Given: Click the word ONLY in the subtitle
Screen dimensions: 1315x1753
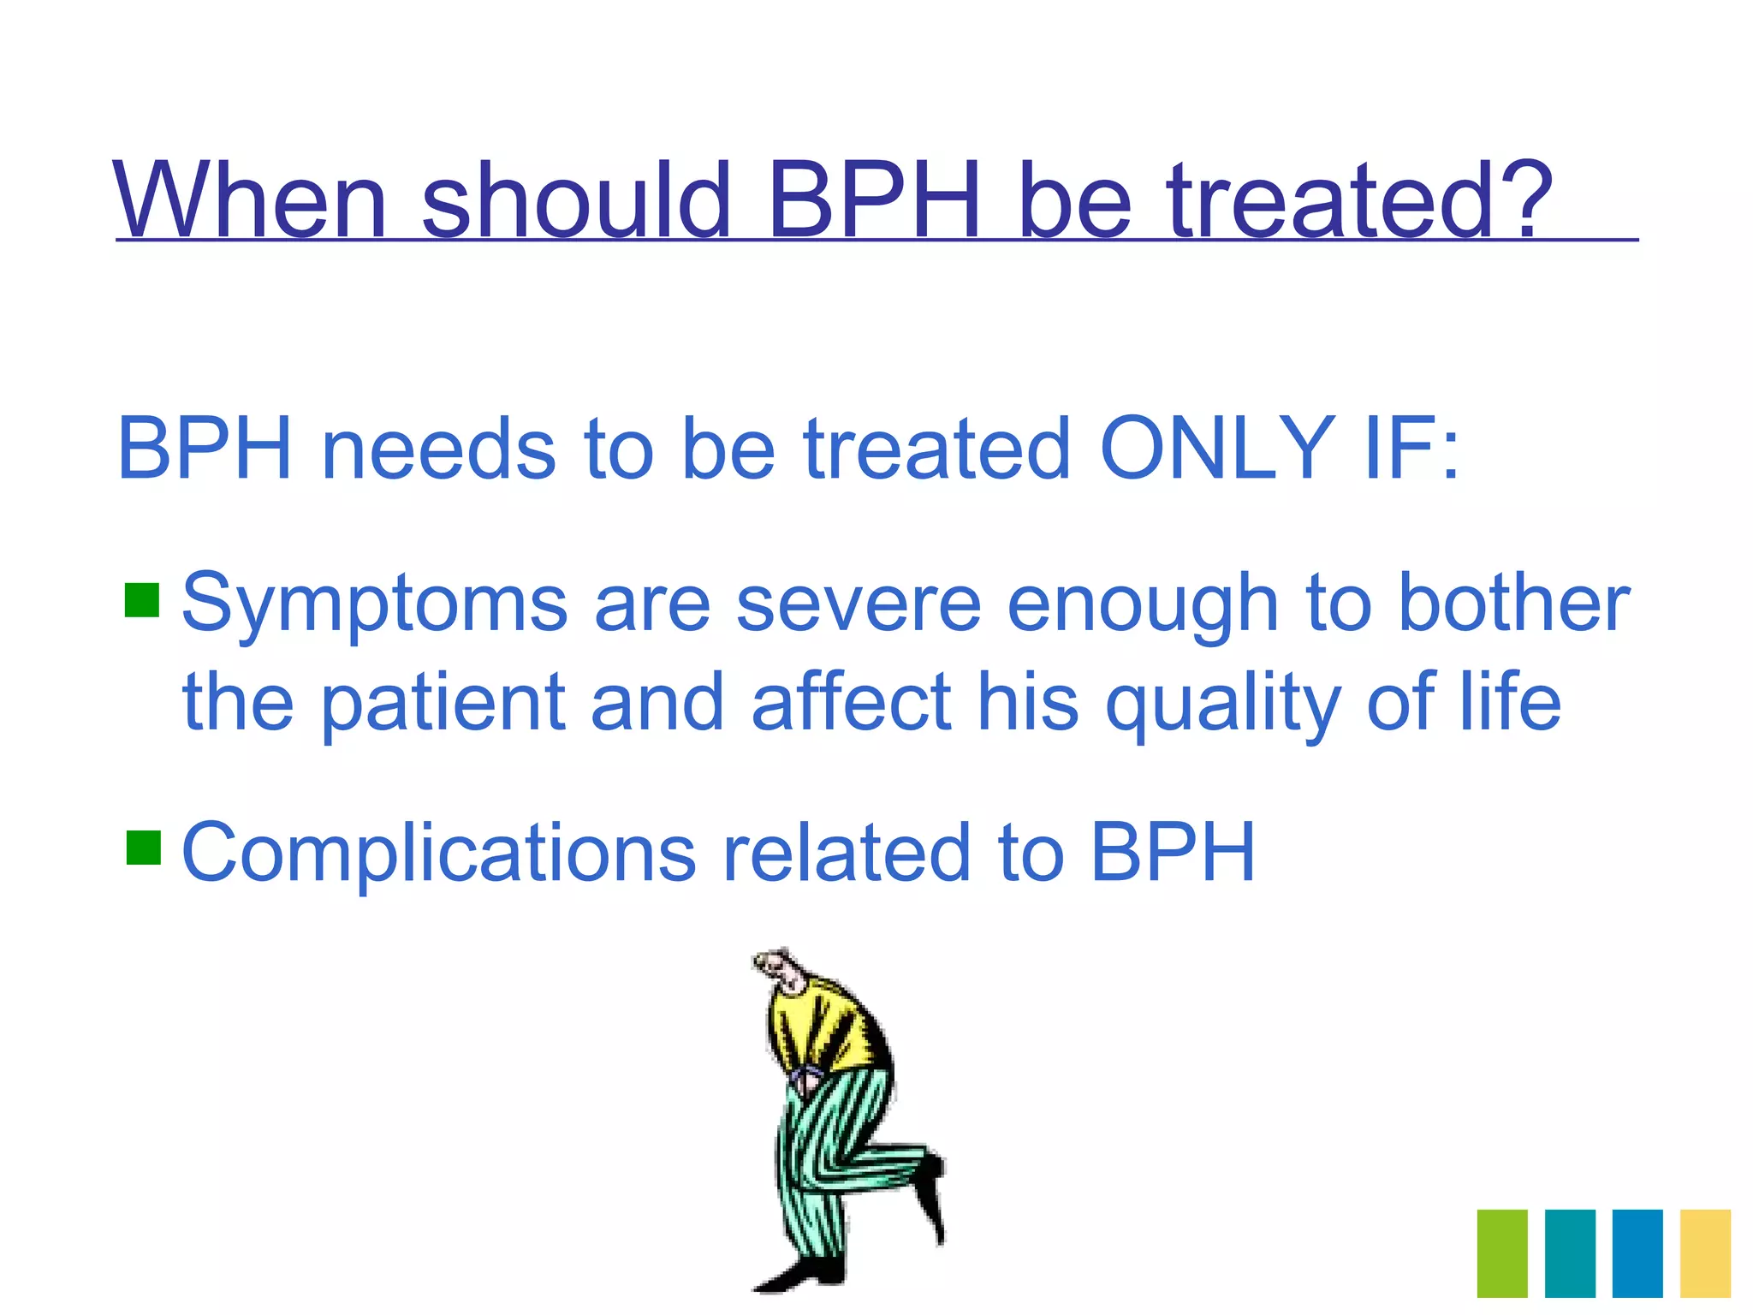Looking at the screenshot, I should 1215,449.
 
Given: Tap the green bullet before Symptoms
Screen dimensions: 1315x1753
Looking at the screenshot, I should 142,600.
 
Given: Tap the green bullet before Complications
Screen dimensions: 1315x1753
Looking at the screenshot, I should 143,848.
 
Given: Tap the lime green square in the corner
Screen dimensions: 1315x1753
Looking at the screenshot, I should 1502,1253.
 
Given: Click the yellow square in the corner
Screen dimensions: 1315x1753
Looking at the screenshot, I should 1705,1253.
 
